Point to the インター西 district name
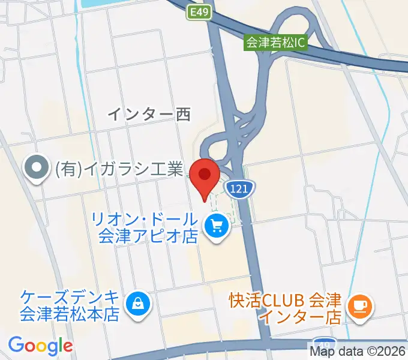149,113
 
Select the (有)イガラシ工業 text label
118,170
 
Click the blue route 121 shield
239,189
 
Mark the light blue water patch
99,3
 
